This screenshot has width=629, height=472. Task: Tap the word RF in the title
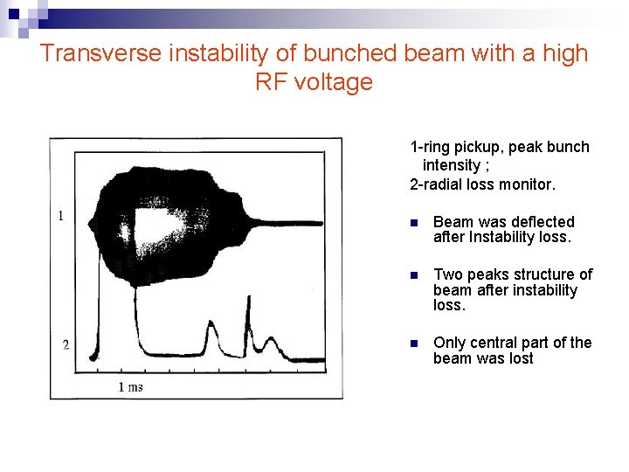click(271, 82)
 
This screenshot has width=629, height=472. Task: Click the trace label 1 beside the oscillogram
click(60, 215)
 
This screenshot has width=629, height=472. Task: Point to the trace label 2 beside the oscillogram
click(66, 345)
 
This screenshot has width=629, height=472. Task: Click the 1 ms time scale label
click(131, 386)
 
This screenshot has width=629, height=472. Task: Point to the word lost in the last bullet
click(519, 358)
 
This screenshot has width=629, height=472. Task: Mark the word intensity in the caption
click(452, 165)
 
